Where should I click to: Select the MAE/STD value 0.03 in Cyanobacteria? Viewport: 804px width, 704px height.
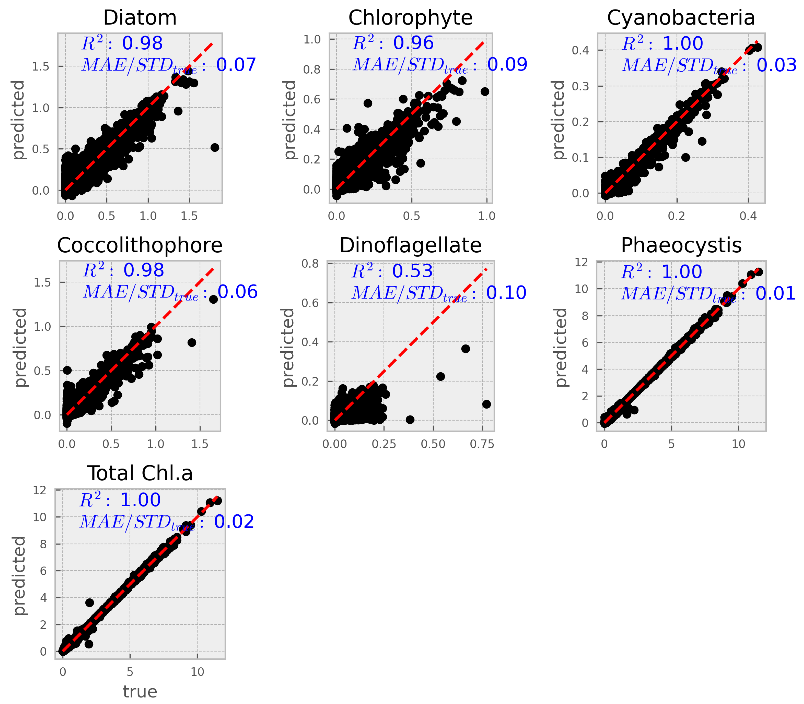776,65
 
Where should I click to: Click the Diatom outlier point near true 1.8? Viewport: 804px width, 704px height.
215,147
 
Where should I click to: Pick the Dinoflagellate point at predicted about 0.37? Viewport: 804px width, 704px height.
466,348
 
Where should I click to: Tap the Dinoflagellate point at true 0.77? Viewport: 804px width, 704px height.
486,404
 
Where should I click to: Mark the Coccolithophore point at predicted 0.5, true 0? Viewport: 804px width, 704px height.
67,370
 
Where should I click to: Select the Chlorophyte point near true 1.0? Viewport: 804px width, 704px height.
485,92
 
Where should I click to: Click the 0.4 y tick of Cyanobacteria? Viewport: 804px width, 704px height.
580,50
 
